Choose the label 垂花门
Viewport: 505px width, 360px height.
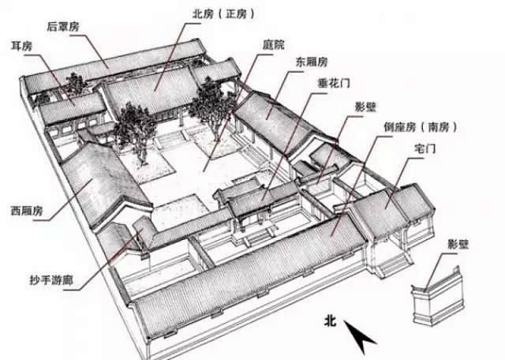pos(316,82)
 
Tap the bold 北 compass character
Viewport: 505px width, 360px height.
pos(331,321)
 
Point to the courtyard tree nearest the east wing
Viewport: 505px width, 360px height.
pos(208,103)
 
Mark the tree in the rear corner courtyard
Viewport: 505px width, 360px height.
pos(76,84)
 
